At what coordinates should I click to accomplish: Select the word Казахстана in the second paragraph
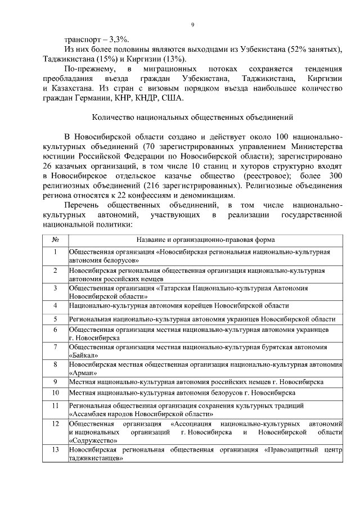(x=71, y=88)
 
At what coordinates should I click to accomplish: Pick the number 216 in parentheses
(x=154, y=185)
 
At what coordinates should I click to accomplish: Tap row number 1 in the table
(x=56, y=251)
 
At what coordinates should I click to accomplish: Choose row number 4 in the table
(x=56, y=305)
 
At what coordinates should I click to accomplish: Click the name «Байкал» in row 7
(x=84, y=355)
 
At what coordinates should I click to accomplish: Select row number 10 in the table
(x=56, y=392)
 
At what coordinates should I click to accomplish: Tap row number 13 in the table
(x=56, y=451)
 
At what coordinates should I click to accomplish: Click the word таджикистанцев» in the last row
(x=96, y=458)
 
